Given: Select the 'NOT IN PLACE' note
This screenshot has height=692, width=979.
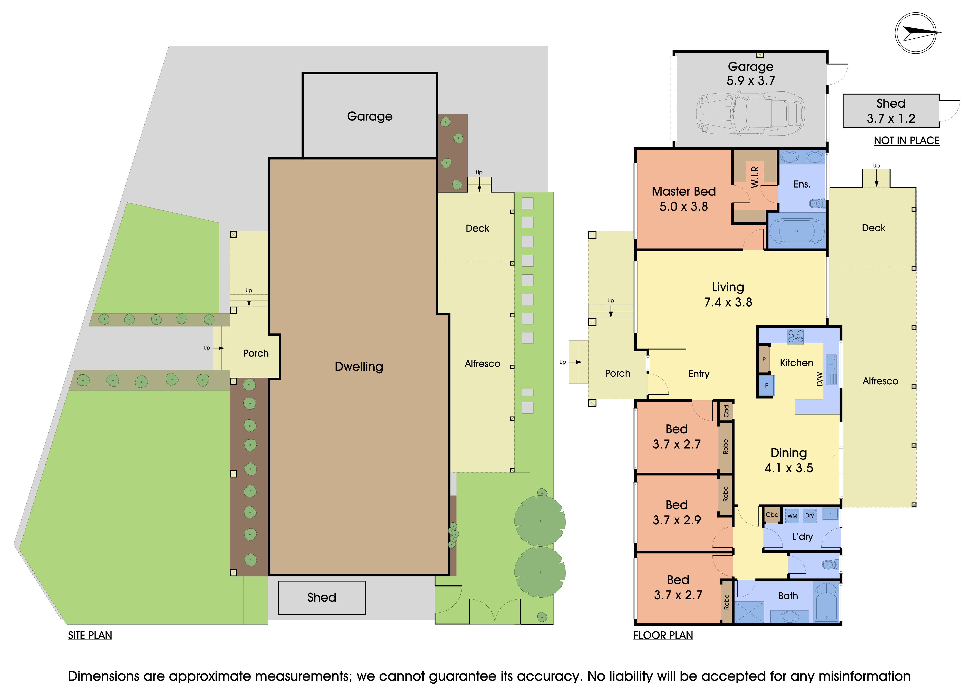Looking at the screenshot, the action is [x=907, y=141].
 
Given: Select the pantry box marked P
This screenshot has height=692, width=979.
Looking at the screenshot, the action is [x=764, y=359].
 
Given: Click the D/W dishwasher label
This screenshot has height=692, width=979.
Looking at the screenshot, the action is [x=819, y=379].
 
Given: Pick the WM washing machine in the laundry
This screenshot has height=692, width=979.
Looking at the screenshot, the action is [x=792, y=515].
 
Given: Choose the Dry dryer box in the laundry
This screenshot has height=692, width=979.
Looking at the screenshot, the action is [x=809, y=515].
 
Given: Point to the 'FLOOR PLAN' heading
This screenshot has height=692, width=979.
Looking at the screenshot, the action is [x=663, y=635].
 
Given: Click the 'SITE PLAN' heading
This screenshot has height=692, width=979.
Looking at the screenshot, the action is [x=90, y=635].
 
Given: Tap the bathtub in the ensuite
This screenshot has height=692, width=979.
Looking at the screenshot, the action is [x=796, y=231].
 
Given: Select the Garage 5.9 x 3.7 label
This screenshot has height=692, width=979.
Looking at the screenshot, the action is [x=751, y=73].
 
